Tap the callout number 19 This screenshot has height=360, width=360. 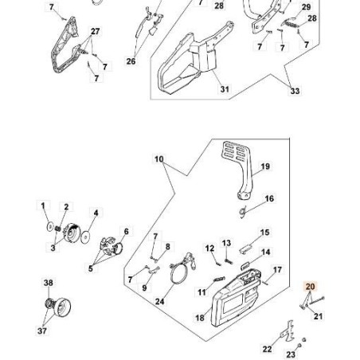pyautogui.click(x=266, y=166)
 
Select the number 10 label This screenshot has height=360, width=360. pyautogui.click(x=158, y=159)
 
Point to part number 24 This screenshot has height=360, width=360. pyautogui.click(x=160, y=302)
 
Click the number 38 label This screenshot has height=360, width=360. pyautogui.click(x=48, y=283)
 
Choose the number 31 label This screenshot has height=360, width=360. pyautogui.click(x=224, y=90)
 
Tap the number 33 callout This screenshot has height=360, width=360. pyautogui.click(x=295, y=92)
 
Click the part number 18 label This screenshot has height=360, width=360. pyautogui.click(x=200, y=317)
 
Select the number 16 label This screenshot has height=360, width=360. pyautogui.click(x=269, y=199)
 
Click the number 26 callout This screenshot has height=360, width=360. pyautogui.click(x=131, y=61)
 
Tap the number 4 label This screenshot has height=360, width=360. pyautogui.click(x=96, y=213)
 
